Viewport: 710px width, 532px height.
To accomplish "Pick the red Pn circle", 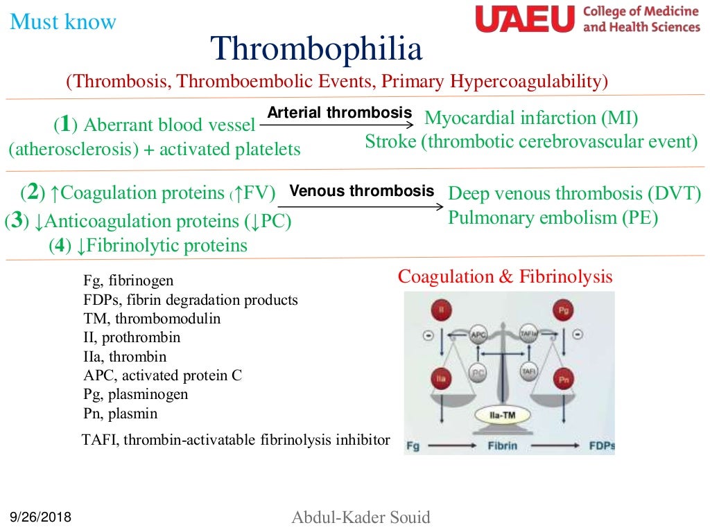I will coord(563,379).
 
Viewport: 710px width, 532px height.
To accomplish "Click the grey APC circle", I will coord(478,334).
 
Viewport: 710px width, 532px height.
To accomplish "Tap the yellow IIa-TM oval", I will coord(501,416).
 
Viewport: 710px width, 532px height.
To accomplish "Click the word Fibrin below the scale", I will coord(501,445).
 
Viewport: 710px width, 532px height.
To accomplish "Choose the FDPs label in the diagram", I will coord(602,445).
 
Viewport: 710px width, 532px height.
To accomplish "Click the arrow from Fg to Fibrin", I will coord(451,445).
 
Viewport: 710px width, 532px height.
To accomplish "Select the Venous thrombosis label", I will coord(361,190).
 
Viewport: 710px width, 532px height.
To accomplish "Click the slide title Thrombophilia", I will coord(316,50).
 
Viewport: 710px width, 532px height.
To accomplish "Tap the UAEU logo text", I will coord(525,19).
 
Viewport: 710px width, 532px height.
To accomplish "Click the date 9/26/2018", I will coord(40,517).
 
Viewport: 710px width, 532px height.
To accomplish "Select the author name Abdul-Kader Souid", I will coord(361,517).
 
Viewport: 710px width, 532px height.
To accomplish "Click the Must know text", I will coord(63,22).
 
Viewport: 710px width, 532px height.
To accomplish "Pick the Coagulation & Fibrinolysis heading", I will coord(505,277).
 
